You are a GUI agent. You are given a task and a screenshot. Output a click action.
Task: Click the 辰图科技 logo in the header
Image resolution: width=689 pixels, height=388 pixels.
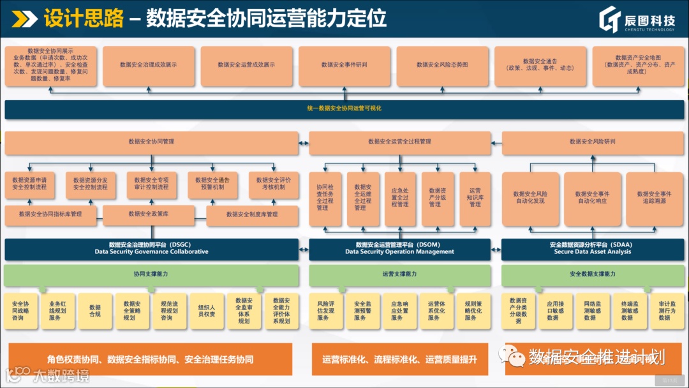pyautogui.click(x=639, y=20)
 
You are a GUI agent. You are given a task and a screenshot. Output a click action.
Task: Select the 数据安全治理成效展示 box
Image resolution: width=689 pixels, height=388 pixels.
pyautogui.click(x=148, y=65)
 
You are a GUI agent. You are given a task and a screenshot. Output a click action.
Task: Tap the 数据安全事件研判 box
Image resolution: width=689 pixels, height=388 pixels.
pyautogui.click(x=344, y=65)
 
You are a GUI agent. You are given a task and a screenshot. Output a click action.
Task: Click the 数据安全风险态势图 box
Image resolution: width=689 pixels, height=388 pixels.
pyautogui.click(x=442, y=65)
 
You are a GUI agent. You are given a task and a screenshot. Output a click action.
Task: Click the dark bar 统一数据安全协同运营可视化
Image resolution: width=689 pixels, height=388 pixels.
pyautogui.click(x=344, y=109)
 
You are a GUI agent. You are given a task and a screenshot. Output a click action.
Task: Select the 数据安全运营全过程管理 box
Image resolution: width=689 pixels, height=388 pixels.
pyautogui.click(x=399, y=142)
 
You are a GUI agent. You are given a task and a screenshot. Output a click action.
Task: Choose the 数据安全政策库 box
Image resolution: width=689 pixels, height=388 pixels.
pyautogui.click(x=152, y=214)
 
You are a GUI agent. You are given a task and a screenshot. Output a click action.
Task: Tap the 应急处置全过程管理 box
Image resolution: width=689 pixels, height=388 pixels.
pyautogui.click(x=400, y=198)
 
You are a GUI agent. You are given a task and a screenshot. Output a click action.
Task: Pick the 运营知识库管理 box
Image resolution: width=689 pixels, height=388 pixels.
pyautogui.click(x=475, y=198)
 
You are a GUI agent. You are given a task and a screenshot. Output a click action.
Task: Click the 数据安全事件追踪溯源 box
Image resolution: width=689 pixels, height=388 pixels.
pyautogui.click(x=654, y=197)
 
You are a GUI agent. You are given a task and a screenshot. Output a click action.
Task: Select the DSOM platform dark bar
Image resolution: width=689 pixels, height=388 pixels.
pyautogui.click(x=399, y=249)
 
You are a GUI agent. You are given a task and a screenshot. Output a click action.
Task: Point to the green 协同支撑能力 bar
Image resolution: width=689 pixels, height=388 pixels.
pyautogui.click(x=151, y=274)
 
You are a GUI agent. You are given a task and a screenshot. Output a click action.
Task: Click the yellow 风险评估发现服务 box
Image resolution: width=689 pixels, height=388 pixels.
pyautogui.click(x=326, y=311)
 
